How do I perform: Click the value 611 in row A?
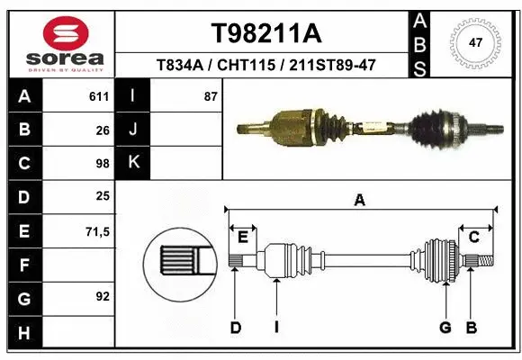coord(99,96)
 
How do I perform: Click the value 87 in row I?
coord(211,96)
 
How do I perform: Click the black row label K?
coord(133,163)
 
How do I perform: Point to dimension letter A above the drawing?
coord(360,201)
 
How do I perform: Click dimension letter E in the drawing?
coord(242,237)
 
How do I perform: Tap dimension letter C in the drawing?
coord(473,237)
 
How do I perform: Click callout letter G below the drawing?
coord(445,328)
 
